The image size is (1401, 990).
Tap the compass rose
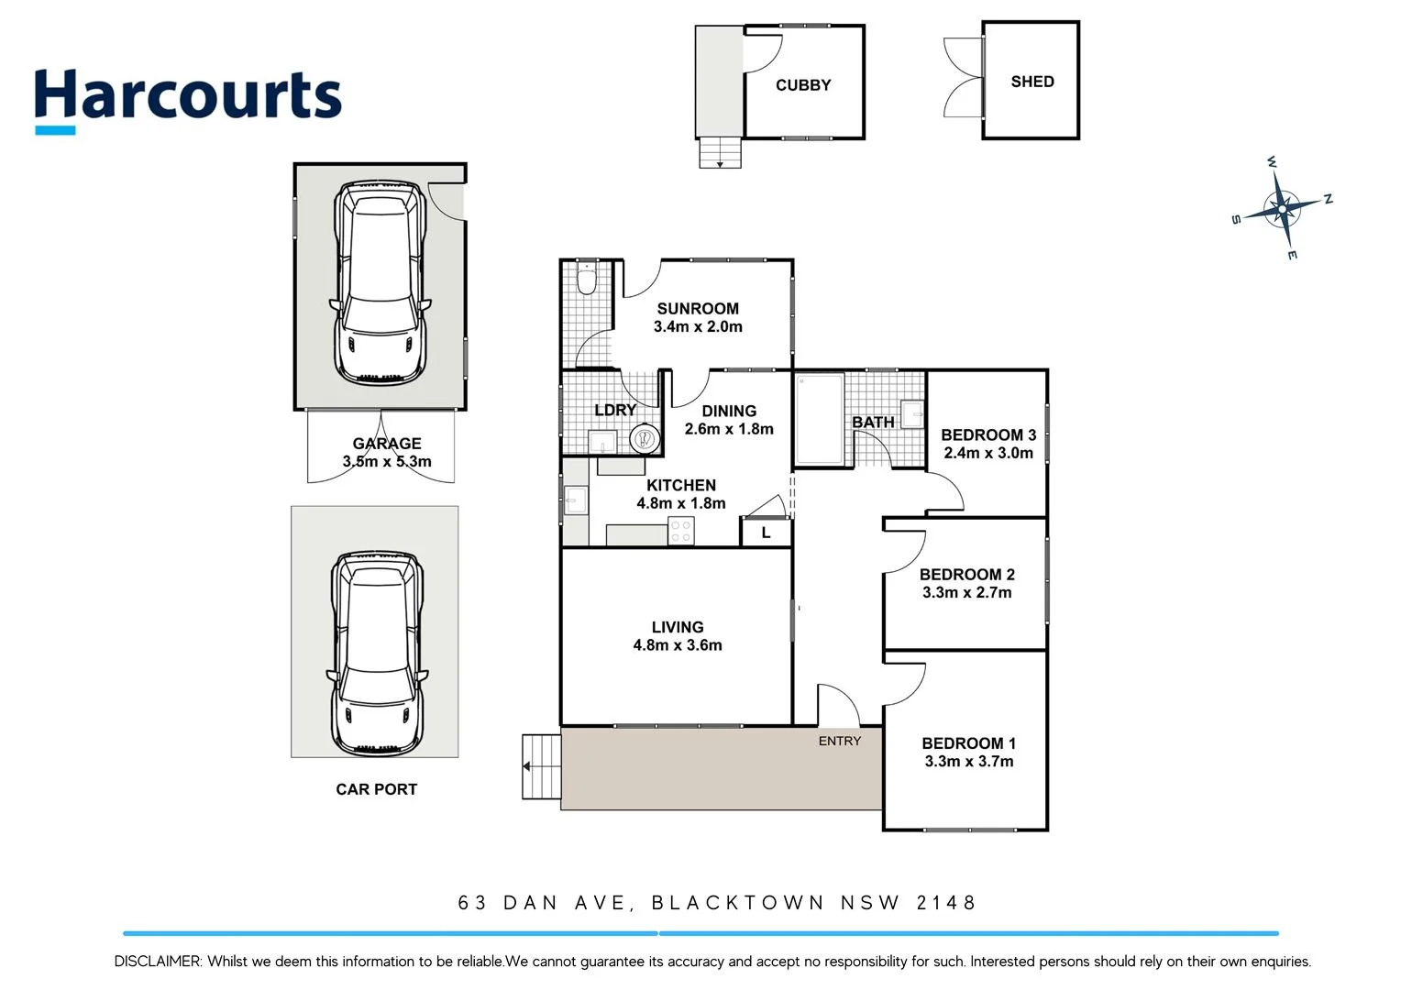(x=1282, y=208)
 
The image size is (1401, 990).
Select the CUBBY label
(x=803, y=85)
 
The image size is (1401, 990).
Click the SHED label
(x=1032, y=82)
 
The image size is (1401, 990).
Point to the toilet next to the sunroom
(x=587, y=279)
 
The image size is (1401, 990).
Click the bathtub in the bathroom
(x=819, y=418)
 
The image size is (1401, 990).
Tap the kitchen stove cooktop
(x=681, y=530)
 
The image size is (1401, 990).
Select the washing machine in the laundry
(x=645, y=439)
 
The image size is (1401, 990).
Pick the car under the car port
(x=377, y=652)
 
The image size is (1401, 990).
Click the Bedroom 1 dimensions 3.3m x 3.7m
(x=969, y=762)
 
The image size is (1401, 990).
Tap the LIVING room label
(x=678, y=627)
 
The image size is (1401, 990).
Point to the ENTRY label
(x=840, y=741)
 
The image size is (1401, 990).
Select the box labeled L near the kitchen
(x=766, y=533)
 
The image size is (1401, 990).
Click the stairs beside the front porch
(x=541, y=766)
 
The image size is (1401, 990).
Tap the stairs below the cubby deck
(x=720, y=152)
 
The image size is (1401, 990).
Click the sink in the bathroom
(x=913, y=414)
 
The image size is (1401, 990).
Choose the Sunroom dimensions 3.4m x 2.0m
(x=698, y=327)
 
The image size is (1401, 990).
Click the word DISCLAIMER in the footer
(x=157, y=962)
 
